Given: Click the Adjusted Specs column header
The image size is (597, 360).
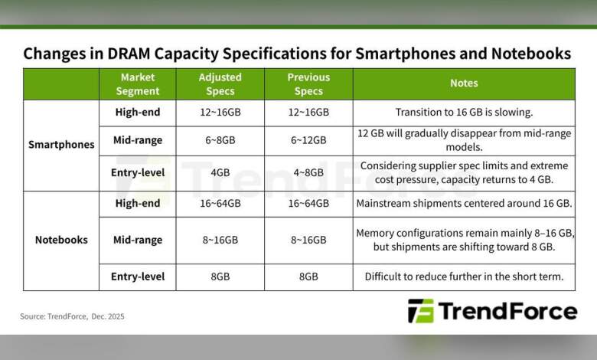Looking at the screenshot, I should click(220, 84).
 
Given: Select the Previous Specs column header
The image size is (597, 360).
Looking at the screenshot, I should click(308, 84).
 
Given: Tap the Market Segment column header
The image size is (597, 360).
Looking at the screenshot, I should click(138, 84).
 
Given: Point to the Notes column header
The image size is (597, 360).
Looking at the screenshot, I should click(464, 83).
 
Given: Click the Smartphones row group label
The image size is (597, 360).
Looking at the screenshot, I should click(61, 144).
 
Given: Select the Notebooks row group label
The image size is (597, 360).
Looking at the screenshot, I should click(61, 240).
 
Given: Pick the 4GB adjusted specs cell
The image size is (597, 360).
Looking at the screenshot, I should click(220, 173).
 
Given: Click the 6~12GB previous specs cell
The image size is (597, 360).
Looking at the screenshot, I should click(308, 141).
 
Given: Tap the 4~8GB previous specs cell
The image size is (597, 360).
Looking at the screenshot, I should click(308, 173).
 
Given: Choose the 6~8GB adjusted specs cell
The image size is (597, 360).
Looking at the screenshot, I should click(220, 141).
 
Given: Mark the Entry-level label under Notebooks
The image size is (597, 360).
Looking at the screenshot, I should click(138, 277).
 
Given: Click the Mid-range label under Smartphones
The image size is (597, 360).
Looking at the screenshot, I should click(138, 141).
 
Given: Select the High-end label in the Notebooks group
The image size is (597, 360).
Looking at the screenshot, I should click(138, 203).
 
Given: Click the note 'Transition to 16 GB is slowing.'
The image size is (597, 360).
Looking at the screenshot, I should click(464, 113).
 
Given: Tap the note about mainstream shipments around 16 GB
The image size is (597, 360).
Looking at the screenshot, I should click(464, 203).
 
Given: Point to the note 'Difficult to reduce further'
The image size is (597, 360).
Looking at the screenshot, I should click(464, 277).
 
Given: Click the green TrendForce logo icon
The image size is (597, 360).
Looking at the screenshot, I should click(420, 311).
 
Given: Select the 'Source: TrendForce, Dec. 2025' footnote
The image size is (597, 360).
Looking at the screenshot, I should click(72, 316).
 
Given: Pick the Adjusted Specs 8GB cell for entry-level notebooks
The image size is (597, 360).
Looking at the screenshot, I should click(220, 277).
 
